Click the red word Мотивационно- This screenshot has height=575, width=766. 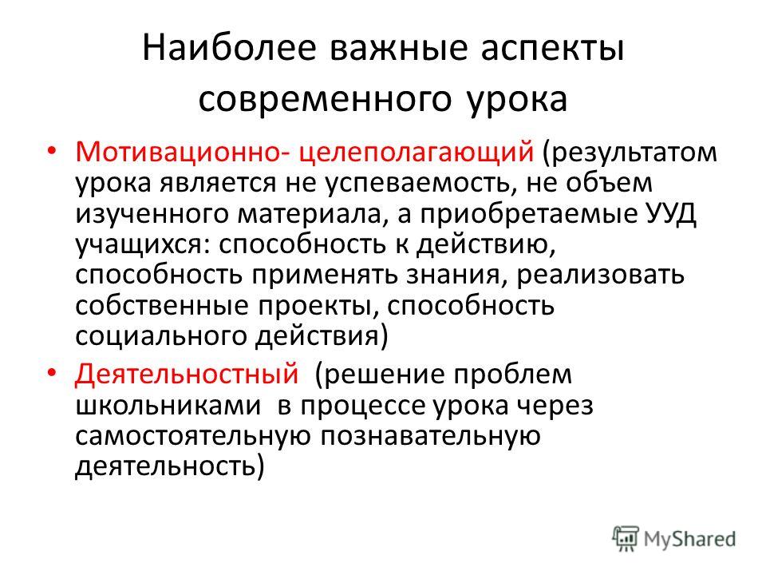tap(182, 152)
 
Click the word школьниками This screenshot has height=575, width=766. tap(168, 406)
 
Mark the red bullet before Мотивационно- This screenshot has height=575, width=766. tap(52, 151)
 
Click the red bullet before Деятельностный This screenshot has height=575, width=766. tap(52, 373)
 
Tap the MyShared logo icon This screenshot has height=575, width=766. tap(626, 538)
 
